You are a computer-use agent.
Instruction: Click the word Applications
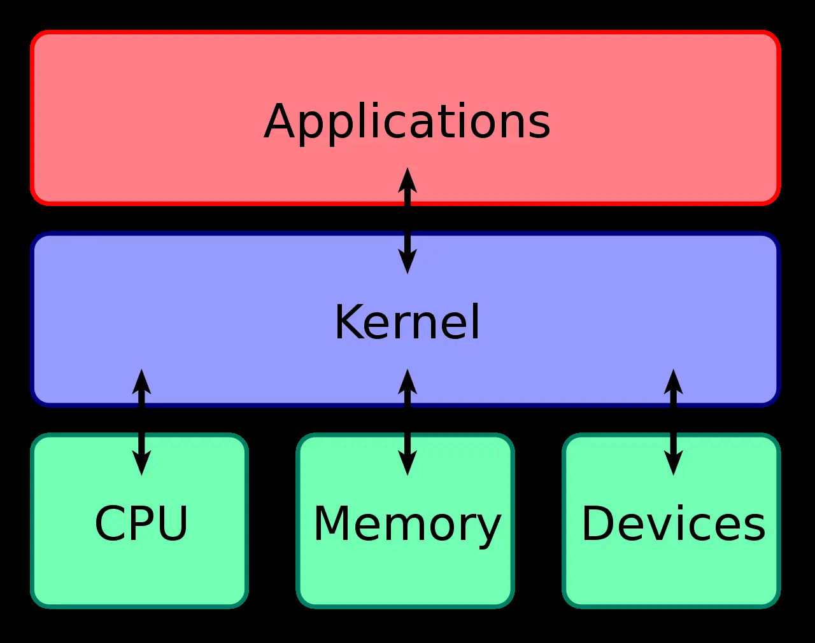pos(407,122)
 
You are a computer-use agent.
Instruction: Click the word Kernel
pos(407,322)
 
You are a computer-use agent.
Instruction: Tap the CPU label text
pos(141,524)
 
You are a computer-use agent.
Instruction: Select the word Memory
pos(407,524)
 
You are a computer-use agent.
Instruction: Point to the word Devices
pos(673,524)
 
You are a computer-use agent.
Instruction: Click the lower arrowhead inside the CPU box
pos(141,463)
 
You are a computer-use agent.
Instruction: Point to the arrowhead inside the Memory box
pos(407,463)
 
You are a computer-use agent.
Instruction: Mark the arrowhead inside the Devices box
pos(673,463)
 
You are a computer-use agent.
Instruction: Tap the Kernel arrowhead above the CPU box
pos(141,381)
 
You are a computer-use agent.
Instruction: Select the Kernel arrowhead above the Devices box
pos(673,381)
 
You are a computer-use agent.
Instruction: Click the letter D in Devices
pos(598,524)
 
